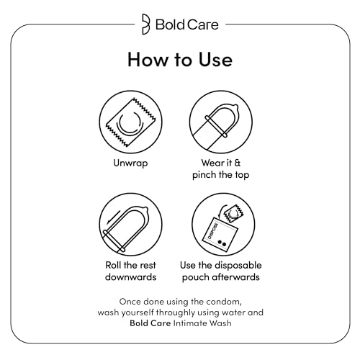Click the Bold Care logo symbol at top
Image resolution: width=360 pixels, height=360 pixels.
[147, 23]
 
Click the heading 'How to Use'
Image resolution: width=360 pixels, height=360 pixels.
[179, 59]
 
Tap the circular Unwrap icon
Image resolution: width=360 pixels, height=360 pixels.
[130, 122]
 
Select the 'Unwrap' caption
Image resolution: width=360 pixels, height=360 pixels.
[130, 163]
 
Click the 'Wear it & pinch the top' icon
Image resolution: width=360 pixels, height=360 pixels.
[220, 122]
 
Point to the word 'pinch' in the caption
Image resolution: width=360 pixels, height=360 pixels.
[207, 176]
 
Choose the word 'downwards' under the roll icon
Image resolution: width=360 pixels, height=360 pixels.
[130, 277]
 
